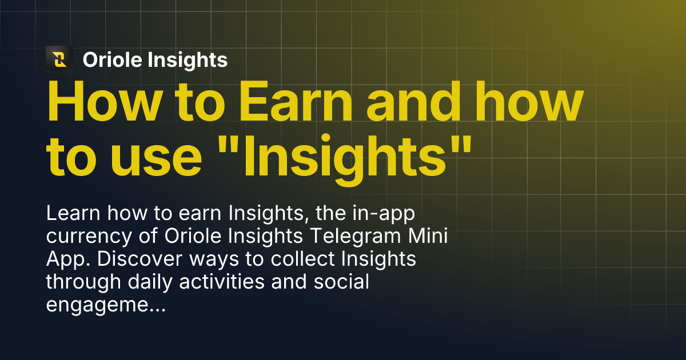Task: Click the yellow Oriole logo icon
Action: (x=59, y=59)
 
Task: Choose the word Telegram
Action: (x=338, y=236)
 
